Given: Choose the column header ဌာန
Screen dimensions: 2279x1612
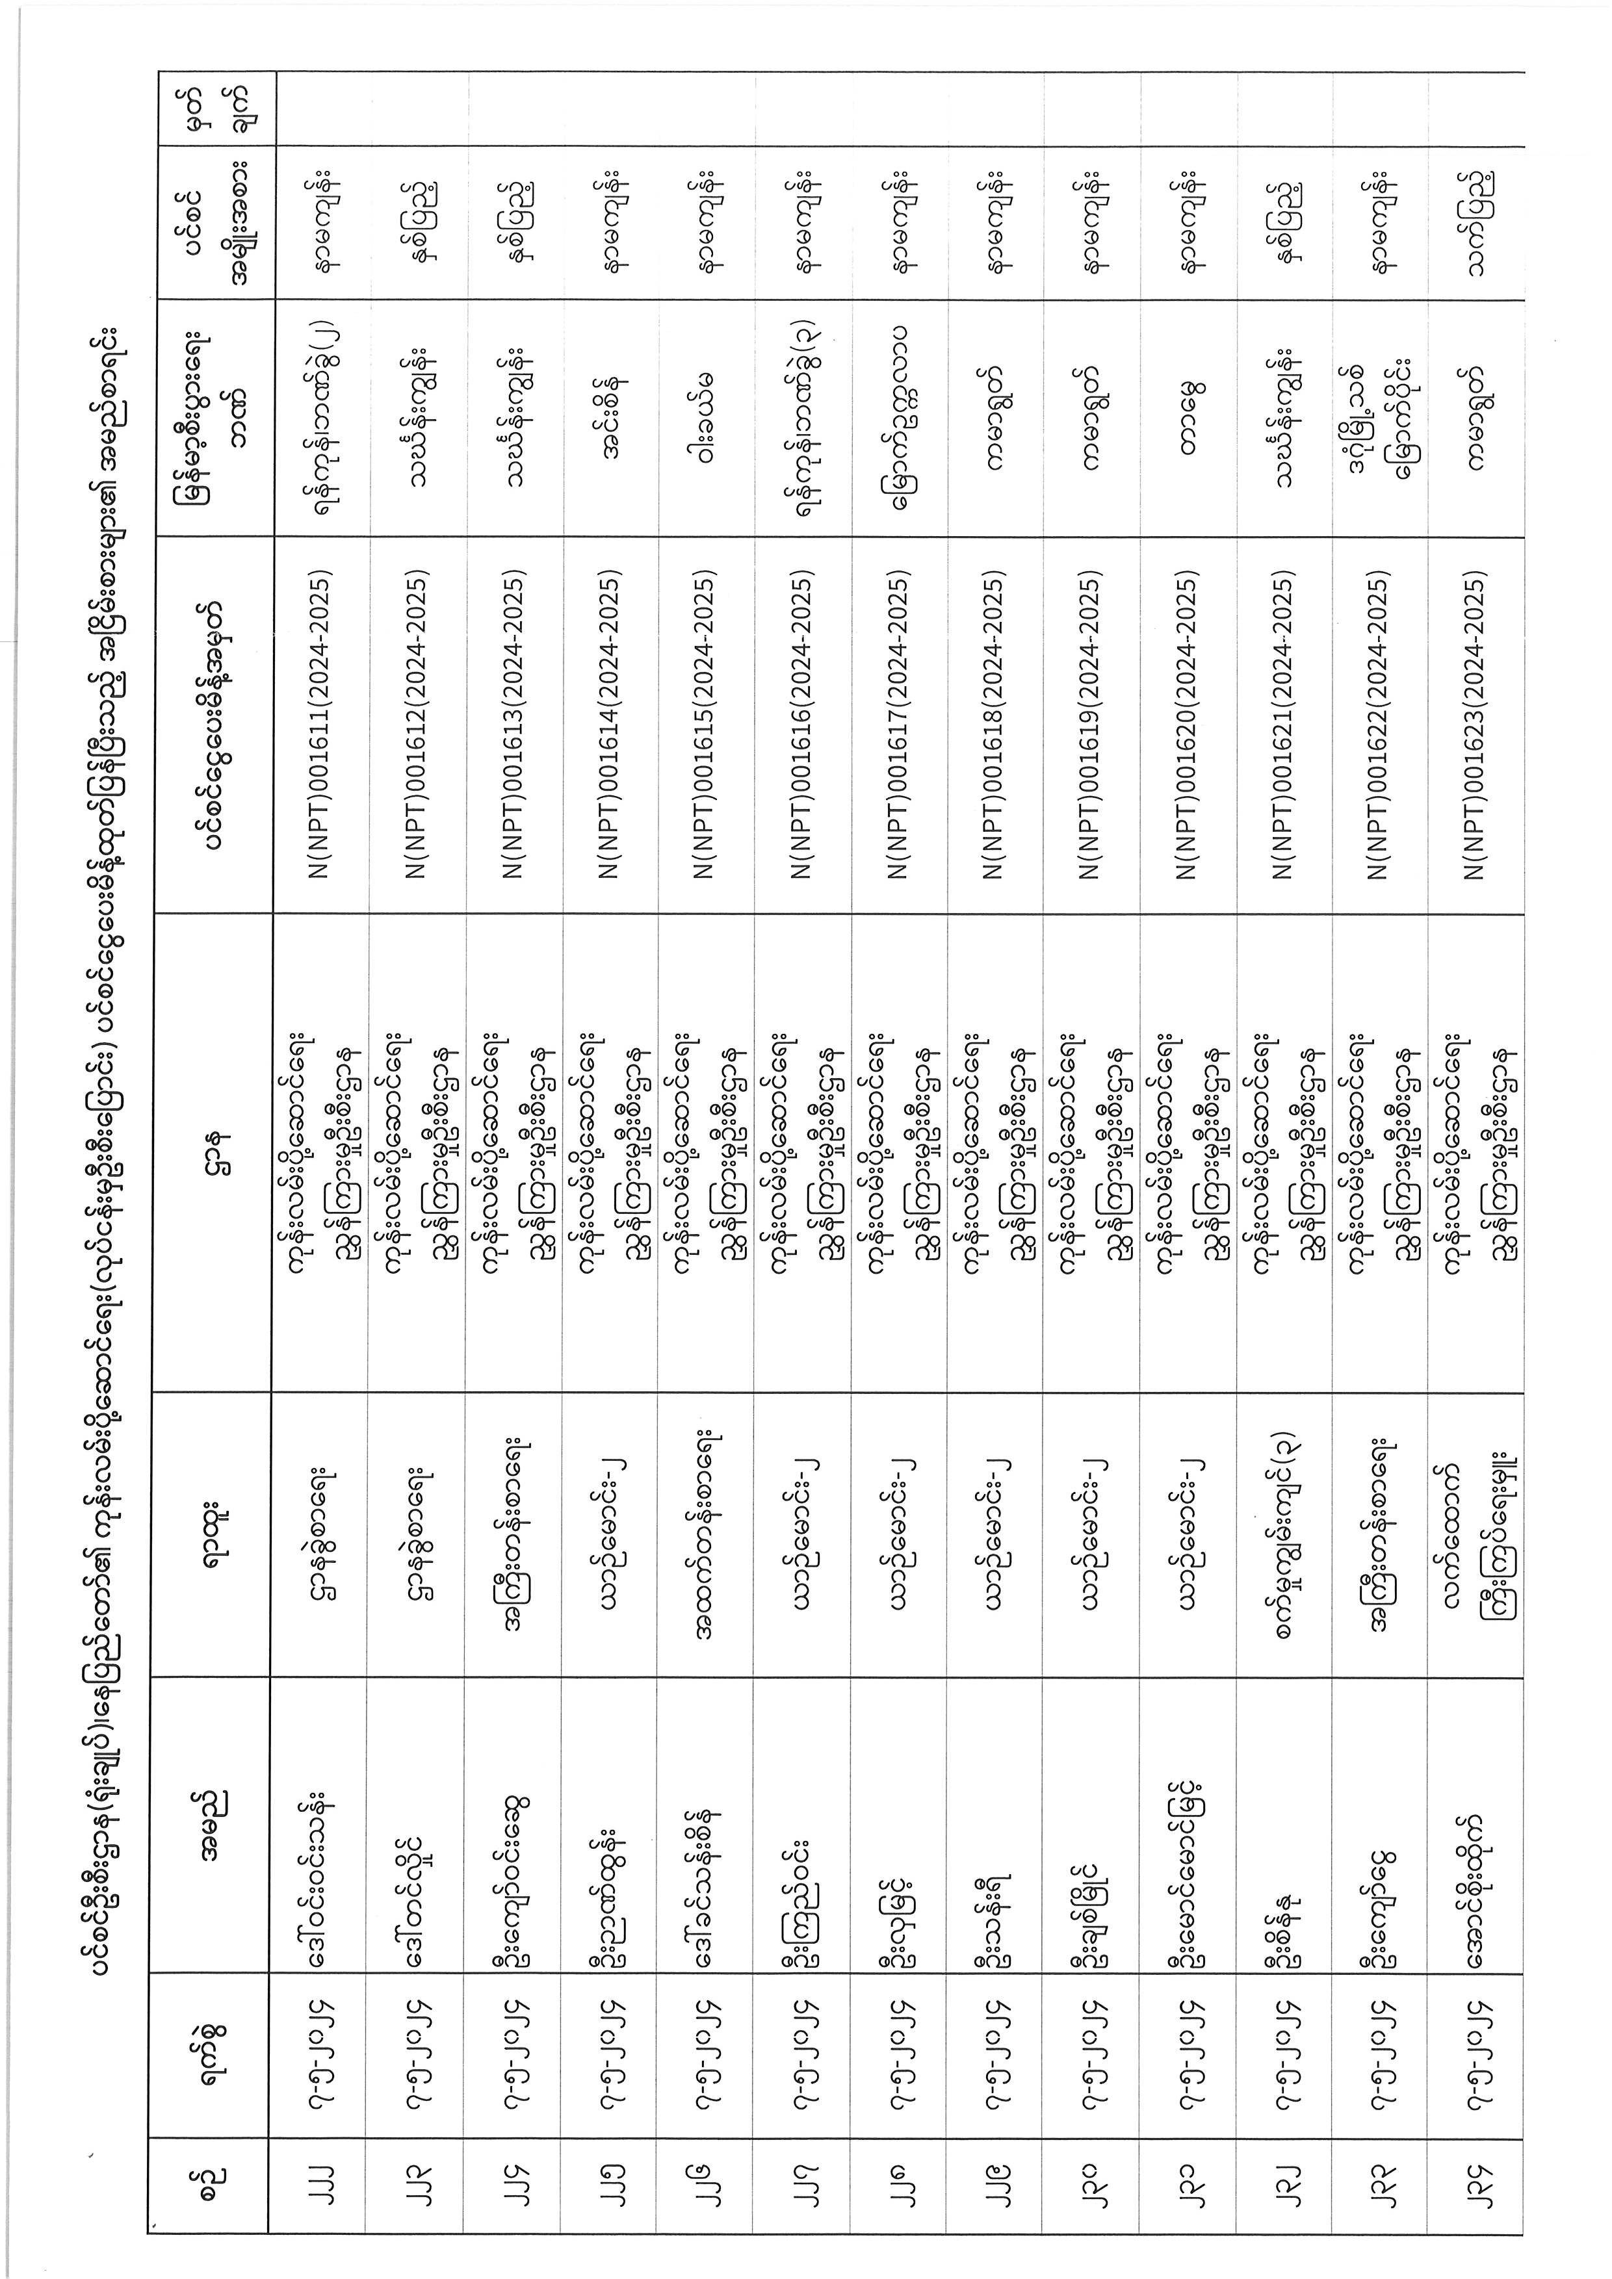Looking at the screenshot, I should point(213,1152).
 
